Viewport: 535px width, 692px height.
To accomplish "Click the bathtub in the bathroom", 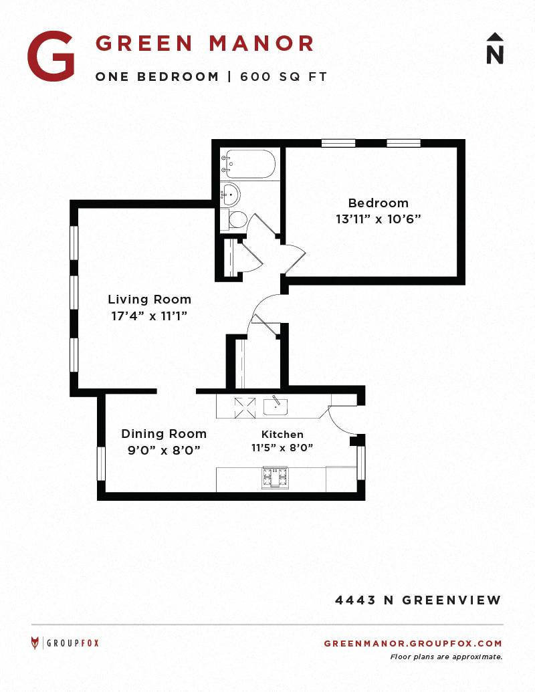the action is (x=249, y=164).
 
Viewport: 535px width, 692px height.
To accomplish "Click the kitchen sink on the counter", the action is (x=275, y=406).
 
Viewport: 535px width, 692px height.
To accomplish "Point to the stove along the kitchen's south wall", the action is (x=276, y=478).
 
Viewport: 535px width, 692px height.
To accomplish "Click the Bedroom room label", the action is (x=379, y=203).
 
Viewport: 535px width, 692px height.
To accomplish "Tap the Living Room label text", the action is (x=150, y=300).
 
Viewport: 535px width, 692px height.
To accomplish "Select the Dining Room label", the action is (x=164, y=434).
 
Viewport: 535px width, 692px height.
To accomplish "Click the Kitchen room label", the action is (x=282, y=435).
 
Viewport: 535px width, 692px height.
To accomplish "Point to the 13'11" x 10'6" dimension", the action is (x=379, y=219).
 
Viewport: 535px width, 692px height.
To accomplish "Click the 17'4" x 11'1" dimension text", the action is (x=150, y=316).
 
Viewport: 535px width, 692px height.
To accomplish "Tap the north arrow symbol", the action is (x=495, y=48).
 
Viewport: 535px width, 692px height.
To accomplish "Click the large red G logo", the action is (x=51, y=56).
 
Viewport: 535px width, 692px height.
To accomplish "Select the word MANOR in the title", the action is (x=261, y=43).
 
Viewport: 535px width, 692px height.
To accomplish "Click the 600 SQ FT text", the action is (x=284, y=77).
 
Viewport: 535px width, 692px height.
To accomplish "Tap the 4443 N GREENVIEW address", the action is (x=418, y=600).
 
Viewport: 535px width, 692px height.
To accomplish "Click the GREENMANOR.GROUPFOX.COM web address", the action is (x=413, y=643).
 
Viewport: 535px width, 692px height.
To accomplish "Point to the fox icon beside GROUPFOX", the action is (x=35, y=643).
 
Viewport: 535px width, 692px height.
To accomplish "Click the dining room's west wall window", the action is (x=101, y=464).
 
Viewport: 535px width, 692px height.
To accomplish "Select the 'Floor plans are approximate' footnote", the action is (x=446, y=657).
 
